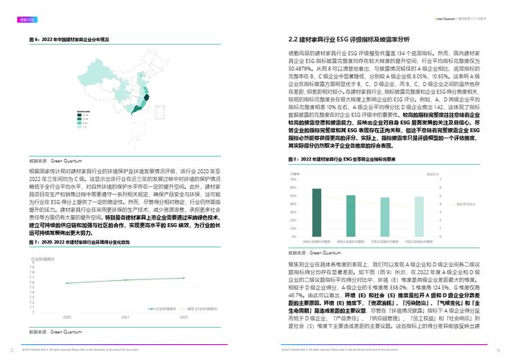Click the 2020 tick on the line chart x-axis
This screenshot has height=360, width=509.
[68, 316]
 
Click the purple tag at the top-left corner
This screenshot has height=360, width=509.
[27, 12]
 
